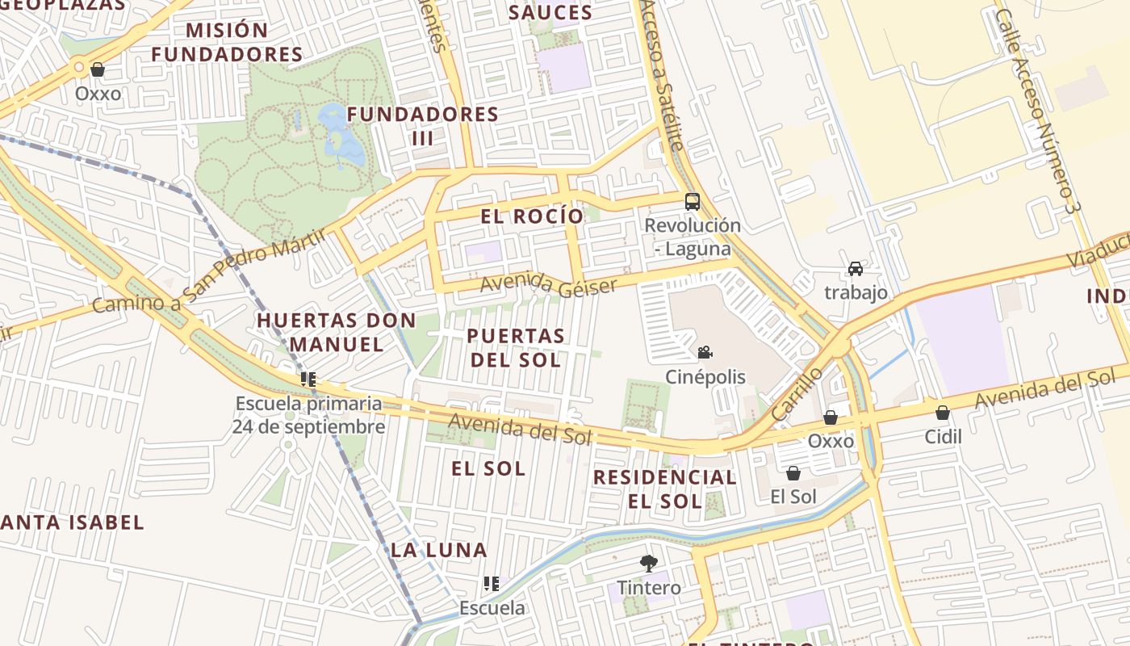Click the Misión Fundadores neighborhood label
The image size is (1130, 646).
(228, 43)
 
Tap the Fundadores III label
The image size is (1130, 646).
(422, 126)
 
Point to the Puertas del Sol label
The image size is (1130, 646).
(516, 347)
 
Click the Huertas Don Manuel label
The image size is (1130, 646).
(337, 332)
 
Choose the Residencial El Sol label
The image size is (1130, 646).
(665, 489)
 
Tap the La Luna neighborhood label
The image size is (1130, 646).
(439, 550)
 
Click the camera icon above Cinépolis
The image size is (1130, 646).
(705, 352)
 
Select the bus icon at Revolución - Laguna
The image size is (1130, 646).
(692, 202)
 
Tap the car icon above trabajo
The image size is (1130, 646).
(856, 269)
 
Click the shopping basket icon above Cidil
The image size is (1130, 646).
(942, 413)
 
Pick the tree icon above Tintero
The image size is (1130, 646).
(648, 563)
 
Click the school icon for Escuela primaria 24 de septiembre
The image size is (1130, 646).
(308, 378)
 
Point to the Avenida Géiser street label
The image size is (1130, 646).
(549, 285)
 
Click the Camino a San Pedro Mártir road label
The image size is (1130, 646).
(208, 271)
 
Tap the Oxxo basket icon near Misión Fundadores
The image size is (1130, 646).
(98, 70)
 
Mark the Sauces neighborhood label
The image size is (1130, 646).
(550, 13)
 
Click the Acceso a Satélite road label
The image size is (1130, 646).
(662, 73)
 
